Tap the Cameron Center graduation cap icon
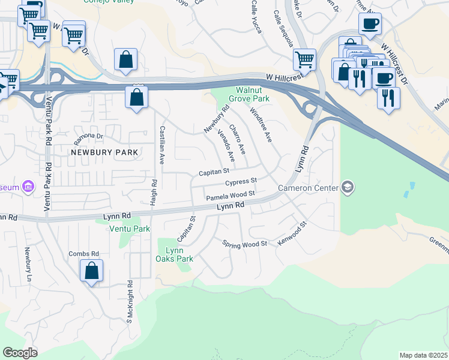coord(348,188)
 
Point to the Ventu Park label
coord(130,229)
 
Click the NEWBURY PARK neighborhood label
coord(104,152)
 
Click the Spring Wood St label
coord(244,244)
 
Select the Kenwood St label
coord(292,235)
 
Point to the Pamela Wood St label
coord(231,196)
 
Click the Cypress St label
coord(241,181)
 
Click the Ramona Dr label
coord(89,139)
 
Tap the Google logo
coord(19,353)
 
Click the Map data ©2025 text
coord(424,355)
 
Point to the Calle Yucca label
coord(256,16)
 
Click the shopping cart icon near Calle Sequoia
coord(304,59)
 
